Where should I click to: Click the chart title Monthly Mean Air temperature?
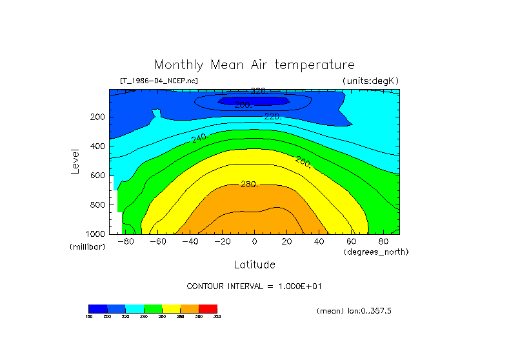[254, 65]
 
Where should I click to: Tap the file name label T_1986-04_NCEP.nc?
[159, 81]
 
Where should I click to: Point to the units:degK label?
[371, 81]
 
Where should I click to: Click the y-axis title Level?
[76, 161]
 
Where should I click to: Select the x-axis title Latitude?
[254, 265]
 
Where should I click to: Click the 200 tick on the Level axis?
[98, 117]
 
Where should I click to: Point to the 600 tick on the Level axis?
[98, 175]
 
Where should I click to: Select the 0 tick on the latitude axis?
[254, 242]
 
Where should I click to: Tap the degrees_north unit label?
[376, 252]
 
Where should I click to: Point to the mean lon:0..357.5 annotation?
[354, 311]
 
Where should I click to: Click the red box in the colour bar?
[208, 308]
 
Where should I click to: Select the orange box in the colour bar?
[190, 308]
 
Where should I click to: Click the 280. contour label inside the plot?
[249, 184]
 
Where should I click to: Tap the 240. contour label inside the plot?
[199, 138]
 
